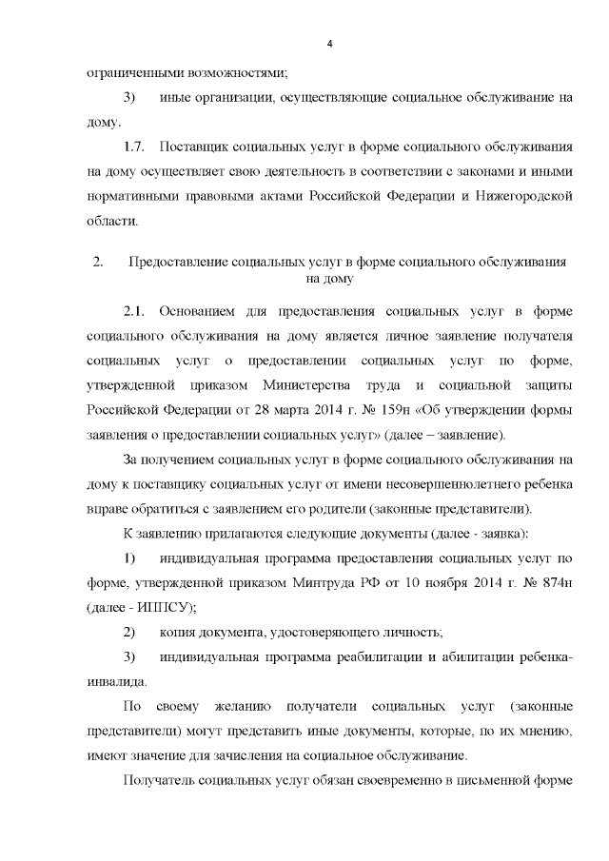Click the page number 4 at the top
pyautogui.click(x=328, y=45)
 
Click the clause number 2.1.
pyautogui.click(x=137, y=311)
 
